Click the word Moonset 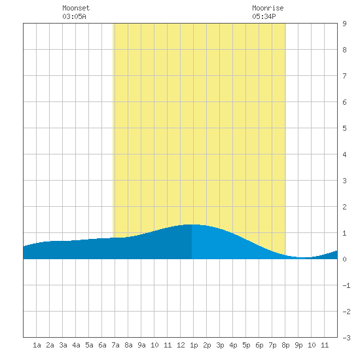pos(76,8)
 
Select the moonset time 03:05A pos(74,16)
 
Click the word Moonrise pos(268,8)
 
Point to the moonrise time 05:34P pos(264,16)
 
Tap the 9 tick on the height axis pos(344,24)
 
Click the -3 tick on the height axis pos(346,338)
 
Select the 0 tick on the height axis pos(344,259)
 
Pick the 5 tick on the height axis pos(344,128)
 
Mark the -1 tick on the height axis pos(346,285)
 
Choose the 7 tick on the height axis pos(344,76)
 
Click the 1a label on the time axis pos(37,345)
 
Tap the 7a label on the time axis pos(115,345)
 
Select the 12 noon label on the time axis pos(181,345)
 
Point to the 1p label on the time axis pos(194,345)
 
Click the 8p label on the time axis pos(285,345)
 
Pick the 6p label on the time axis pos(259,345)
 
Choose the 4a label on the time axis pos(76,345)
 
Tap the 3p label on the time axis pos(220,345)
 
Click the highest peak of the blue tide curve pos(192,225)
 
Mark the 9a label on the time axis pos(141,345)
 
